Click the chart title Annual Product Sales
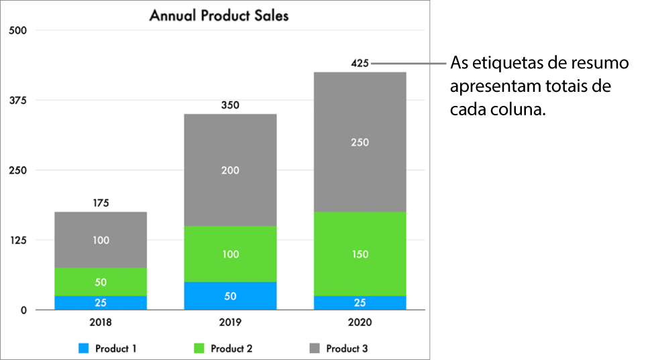pos(219,15)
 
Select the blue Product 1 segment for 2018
pos(101,302)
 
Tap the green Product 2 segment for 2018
pos(101,282)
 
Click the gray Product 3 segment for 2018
pos(101,240)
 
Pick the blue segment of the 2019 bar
pos(230,296)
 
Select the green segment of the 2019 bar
pos(230,254)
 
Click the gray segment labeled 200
pos(230,170)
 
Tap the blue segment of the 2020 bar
pos(360,302)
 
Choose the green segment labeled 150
pos(360,254)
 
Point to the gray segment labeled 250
pos(360,142)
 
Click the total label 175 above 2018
pos(101,202)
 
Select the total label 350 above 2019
pos(230,105)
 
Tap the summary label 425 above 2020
pos(360,64)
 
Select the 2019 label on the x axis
pos(230,322)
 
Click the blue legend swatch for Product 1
pos(84,349)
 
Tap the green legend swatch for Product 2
pos(199,349)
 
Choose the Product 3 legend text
pos(347,349)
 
